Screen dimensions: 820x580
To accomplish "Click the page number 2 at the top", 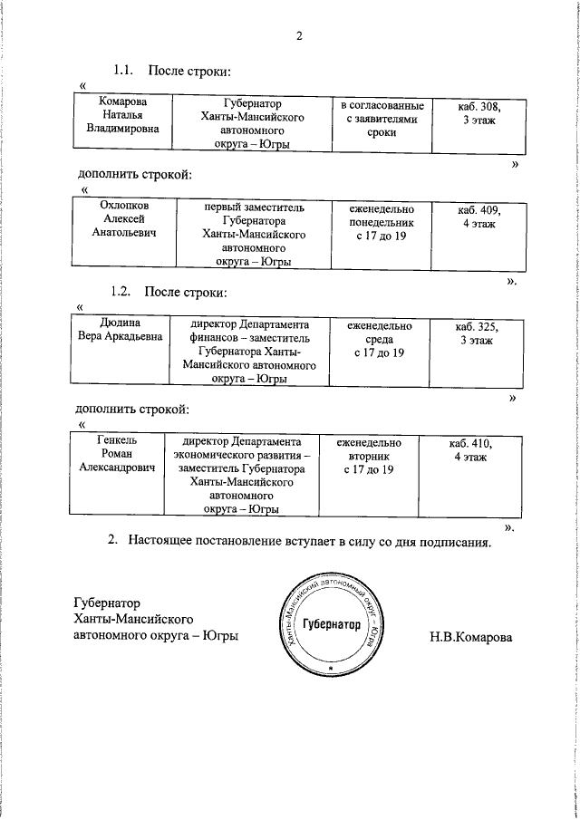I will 298,36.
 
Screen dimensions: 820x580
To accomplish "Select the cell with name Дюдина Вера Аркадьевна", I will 120,332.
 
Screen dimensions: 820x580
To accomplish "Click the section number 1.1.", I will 123,70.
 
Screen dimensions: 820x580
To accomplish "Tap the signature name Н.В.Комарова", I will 470,637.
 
